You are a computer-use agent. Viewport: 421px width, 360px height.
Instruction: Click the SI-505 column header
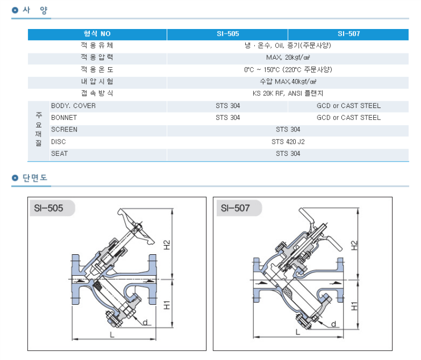(227, 34)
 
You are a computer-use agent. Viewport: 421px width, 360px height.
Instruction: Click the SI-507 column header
(348, 34)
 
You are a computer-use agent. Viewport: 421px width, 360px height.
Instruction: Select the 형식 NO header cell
(97, 34)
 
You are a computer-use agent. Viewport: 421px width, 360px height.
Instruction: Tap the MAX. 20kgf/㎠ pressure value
(287, 57)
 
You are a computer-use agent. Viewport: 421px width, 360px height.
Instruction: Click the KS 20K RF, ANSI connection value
(287, 93)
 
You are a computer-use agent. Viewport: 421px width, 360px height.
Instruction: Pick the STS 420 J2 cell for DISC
(287, 142)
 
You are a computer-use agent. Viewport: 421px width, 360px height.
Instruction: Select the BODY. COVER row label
(73, 106)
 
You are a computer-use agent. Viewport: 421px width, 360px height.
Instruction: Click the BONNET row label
(64, 118)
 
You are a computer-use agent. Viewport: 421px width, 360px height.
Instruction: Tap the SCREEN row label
(64, 130)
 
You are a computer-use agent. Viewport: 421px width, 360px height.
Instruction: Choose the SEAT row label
(60, 154)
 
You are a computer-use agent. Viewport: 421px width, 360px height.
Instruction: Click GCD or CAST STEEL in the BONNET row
(348, 118)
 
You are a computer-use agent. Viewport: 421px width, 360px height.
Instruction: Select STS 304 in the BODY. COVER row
(227, 106)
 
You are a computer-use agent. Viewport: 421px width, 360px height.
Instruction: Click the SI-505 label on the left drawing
(48, 208)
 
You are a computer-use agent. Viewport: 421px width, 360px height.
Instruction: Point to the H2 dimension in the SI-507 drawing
(354, 245)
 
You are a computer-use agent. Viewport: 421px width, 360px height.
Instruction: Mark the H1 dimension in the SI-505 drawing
(167, 304)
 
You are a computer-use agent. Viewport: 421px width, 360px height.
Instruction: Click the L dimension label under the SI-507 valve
(297, 331)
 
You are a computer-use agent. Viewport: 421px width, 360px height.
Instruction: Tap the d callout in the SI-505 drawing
(145, 322)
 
